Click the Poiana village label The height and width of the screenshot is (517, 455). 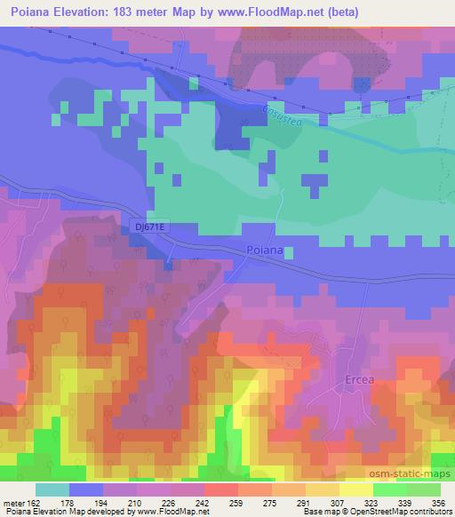(265, 251)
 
